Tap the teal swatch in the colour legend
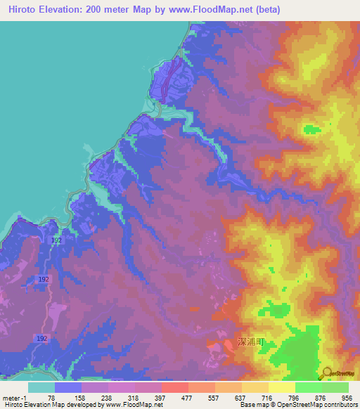41,387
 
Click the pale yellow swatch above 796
281,387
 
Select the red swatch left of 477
174,387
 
